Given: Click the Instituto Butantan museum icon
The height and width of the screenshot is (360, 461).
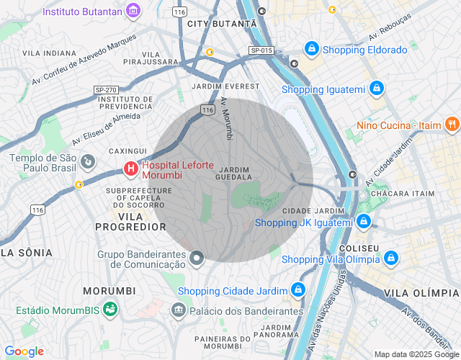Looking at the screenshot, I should [x=133, y=11].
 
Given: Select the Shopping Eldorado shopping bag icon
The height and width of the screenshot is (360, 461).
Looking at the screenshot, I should [x=311, y=50].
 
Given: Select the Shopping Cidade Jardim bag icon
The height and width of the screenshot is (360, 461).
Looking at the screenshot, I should [x=297, y=290].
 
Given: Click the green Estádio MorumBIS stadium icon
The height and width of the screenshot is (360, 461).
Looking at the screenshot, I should [x=109, y=310].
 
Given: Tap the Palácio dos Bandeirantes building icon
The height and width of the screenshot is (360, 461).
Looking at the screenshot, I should [x=178, y=310].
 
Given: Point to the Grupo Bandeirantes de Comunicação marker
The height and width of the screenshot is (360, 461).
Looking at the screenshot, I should [x=197, y=258].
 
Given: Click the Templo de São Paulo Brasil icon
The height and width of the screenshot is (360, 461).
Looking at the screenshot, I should [x=87, y=160].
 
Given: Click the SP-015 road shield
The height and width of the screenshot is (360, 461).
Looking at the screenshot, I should [x=261, y=50].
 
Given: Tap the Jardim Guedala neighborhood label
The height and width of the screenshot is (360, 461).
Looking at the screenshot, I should [x=233, y=174].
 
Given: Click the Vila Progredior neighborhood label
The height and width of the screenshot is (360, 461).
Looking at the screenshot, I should [x=130, y=221].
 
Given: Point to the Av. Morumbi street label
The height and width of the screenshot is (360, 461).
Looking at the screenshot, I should [x=227, y=119].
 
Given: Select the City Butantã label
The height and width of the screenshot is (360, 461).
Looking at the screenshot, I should [x=221, y=24].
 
